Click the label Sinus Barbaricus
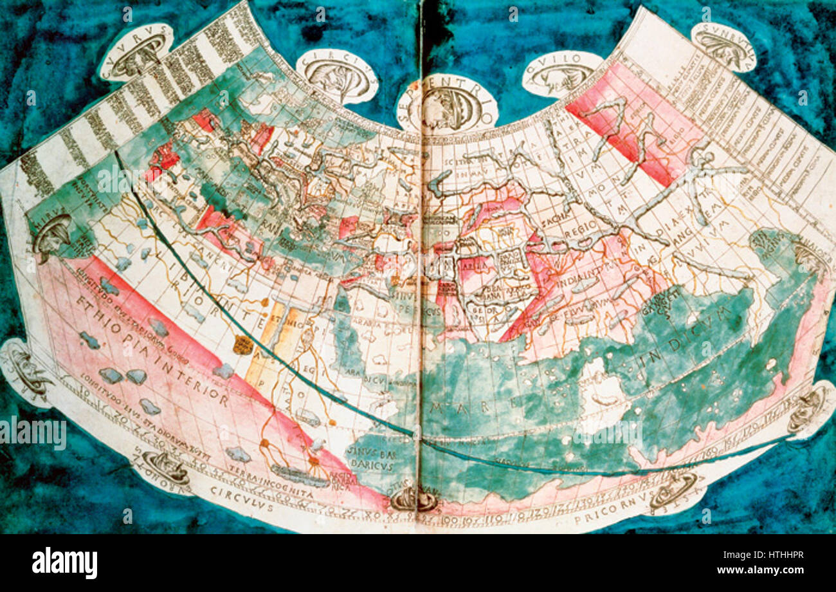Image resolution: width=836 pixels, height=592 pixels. (368, 454)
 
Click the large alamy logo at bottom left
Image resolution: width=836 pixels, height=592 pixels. (65, 563)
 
